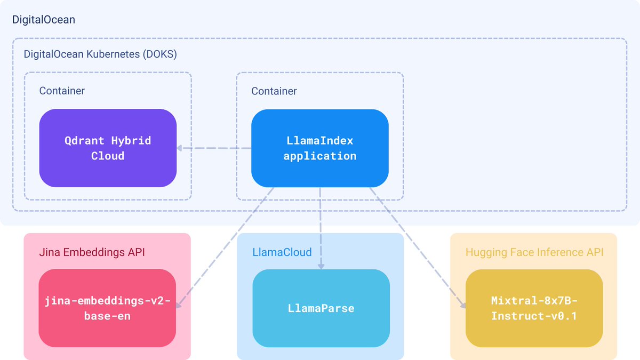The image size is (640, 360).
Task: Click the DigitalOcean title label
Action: point(44,20)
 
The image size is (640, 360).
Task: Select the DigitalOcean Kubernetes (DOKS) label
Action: point(100,54)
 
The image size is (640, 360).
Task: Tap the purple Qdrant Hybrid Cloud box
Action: point(108,148)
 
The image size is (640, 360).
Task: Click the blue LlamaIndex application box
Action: point(320,148)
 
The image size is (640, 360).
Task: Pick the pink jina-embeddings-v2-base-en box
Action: point(107,308)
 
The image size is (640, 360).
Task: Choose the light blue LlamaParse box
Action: point(321,308)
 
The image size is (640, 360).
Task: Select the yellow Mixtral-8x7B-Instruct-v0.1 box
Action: point(534,308)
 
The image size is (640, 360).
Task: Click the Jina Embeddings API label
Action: point(92,252)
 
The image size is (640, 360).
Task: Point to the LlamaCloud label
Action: point(282,252)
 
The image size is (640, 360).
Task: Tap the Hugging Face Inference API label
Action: point(534,252)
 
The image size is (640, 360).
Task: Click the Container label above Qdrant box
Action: point(62,91)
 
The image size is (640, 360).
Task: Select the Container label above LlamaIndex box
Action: point(274,91)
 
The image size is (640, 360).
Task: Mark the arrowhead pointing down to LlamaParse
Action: point(320,265)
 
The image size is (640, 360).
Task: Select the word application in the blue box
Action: point(320,156)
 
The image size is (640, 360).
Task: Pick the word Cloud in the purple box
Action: point(108,156)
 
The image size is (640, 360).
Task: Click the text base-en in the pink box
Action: point(107,316)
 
